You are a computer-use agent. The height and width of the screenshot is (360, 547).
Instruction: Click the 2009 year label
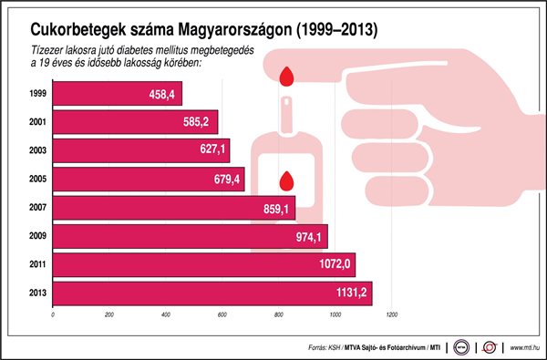click(38, 236)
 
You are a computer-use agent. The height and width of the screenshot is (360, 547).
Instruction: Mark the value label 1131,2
click(350, 293)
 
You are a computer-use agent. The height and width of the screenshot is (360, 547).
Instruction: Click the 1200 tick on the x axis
click(392, 315)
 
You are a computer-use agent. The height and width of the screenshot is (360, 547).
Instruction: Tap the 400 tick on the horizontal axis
click(166, 315)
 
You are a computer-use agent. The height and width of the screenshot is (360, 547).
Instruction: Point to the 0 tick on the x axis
click(54, 315)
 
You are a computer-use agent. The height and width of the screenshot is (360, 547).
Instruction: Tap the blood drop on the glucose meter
click(288, 179)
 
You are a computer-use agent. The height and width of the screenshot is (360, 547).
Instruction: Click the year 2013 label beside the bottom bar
click(38, 293)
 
